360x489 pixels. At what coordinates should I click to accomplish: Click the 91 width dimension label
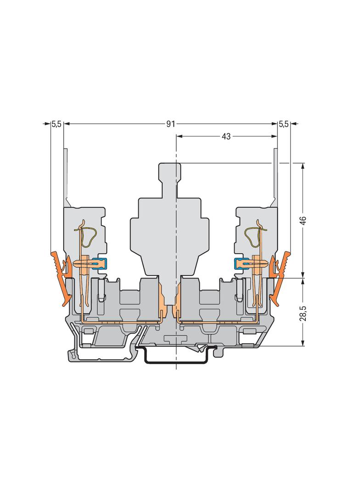point(170,124)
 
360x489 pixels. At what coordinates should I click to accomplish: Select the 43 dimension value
point(226,136)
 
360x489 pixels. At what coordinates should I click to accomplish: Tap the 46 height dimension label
point(303,220)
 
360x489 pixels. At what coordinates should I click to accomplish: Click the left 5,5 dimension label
point(56,124)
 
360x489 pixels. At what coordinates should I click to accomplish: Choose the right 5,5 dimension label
point(283,124)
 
